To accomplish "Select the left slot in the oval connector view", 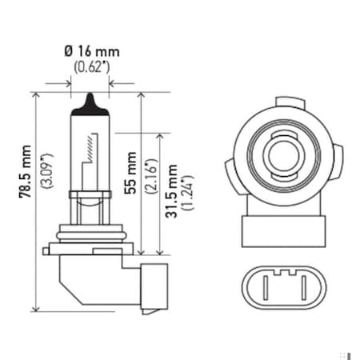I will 272,285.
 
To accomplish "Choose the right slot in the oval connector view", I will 296,285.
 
